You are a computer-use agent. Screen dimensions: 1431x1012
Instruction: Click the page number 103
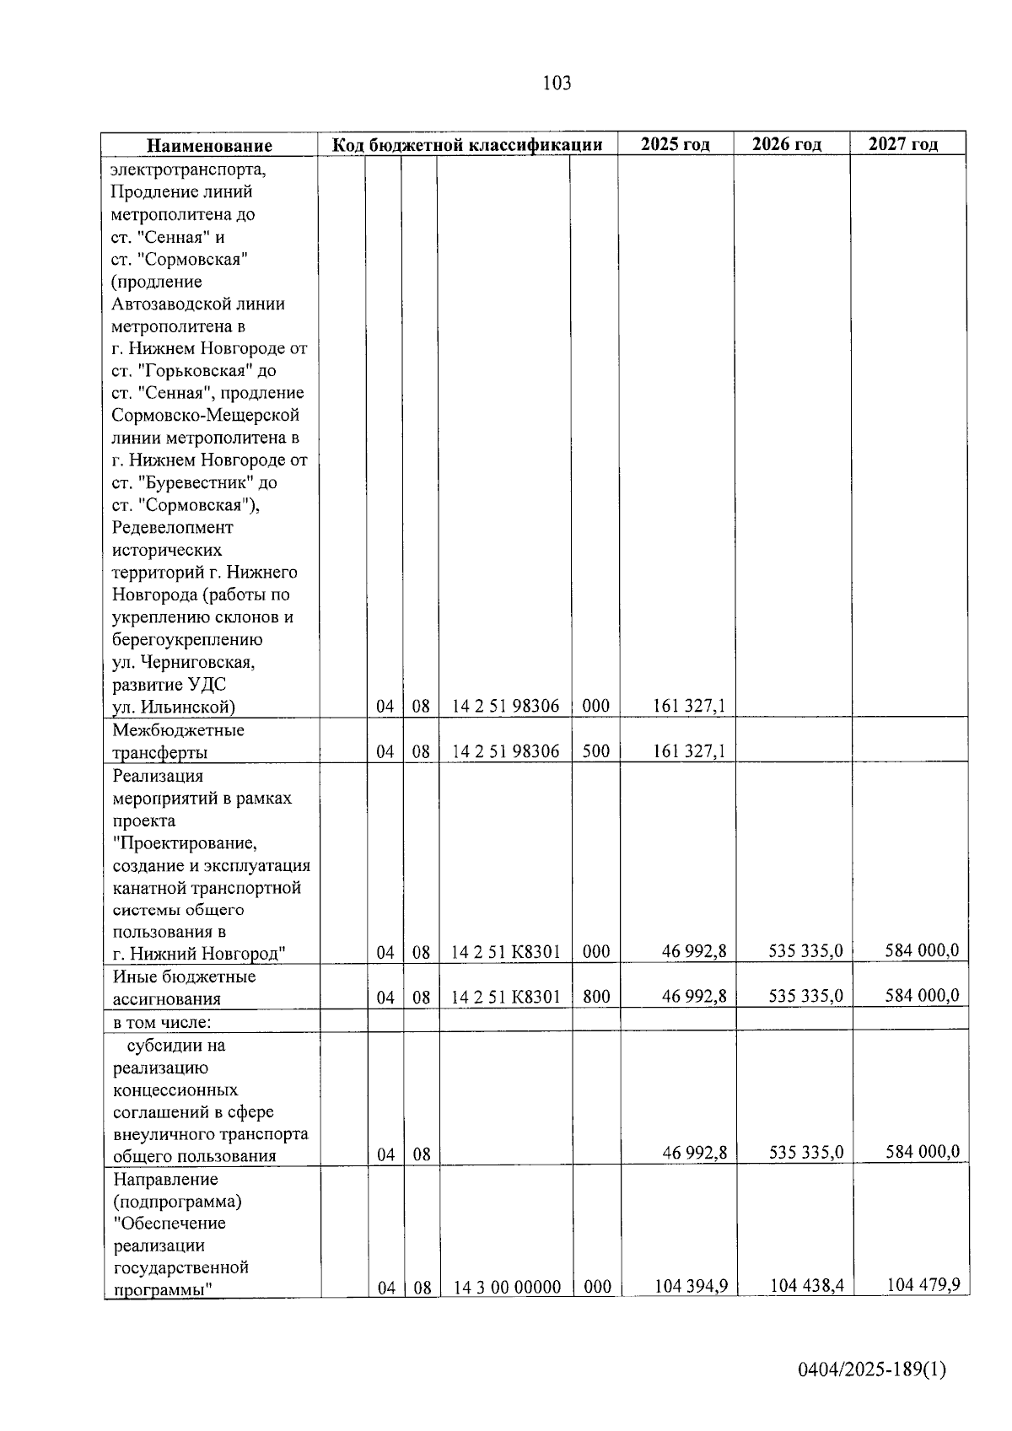click(x=557, y=83)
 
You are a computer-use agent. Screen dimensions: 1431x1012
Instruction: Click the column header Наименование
click(x=209, y=145)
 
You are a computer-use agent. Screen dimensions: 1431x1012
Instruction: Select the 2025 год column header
click(x=675, y=144)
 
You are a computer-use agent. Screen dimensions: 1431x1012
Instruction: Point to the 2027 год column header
click(x=903, y=144)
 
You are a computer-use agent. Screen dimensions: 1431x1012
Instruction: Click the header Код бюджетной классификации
click(x=467, y=144)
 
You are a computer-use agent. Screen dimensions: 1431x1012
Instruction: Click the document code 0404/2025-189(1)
click(x=873, y=1369)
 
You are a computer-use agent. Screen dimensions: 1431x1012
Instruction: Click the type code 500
click(x=595, y=750)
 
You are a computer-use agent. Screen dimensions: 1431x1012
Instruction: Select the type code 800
click(x=595, y=996)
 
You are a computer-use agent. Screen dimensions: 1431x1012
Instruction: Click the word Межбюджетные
click(x=178, y=729)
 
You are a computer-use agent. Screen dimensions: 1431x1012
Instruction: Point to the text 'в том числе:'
click(x=162, y=1022)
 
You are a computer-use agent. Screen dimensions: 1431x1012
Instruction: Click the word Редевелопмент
click(x=172, y=527)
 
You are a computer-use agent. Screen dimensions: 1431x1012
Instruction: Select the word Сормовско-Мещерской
click(x=206, y=415)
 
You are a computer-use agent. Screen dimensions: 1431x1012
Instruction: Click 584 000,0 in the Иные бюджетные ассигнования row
click(x=922, y=996)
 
